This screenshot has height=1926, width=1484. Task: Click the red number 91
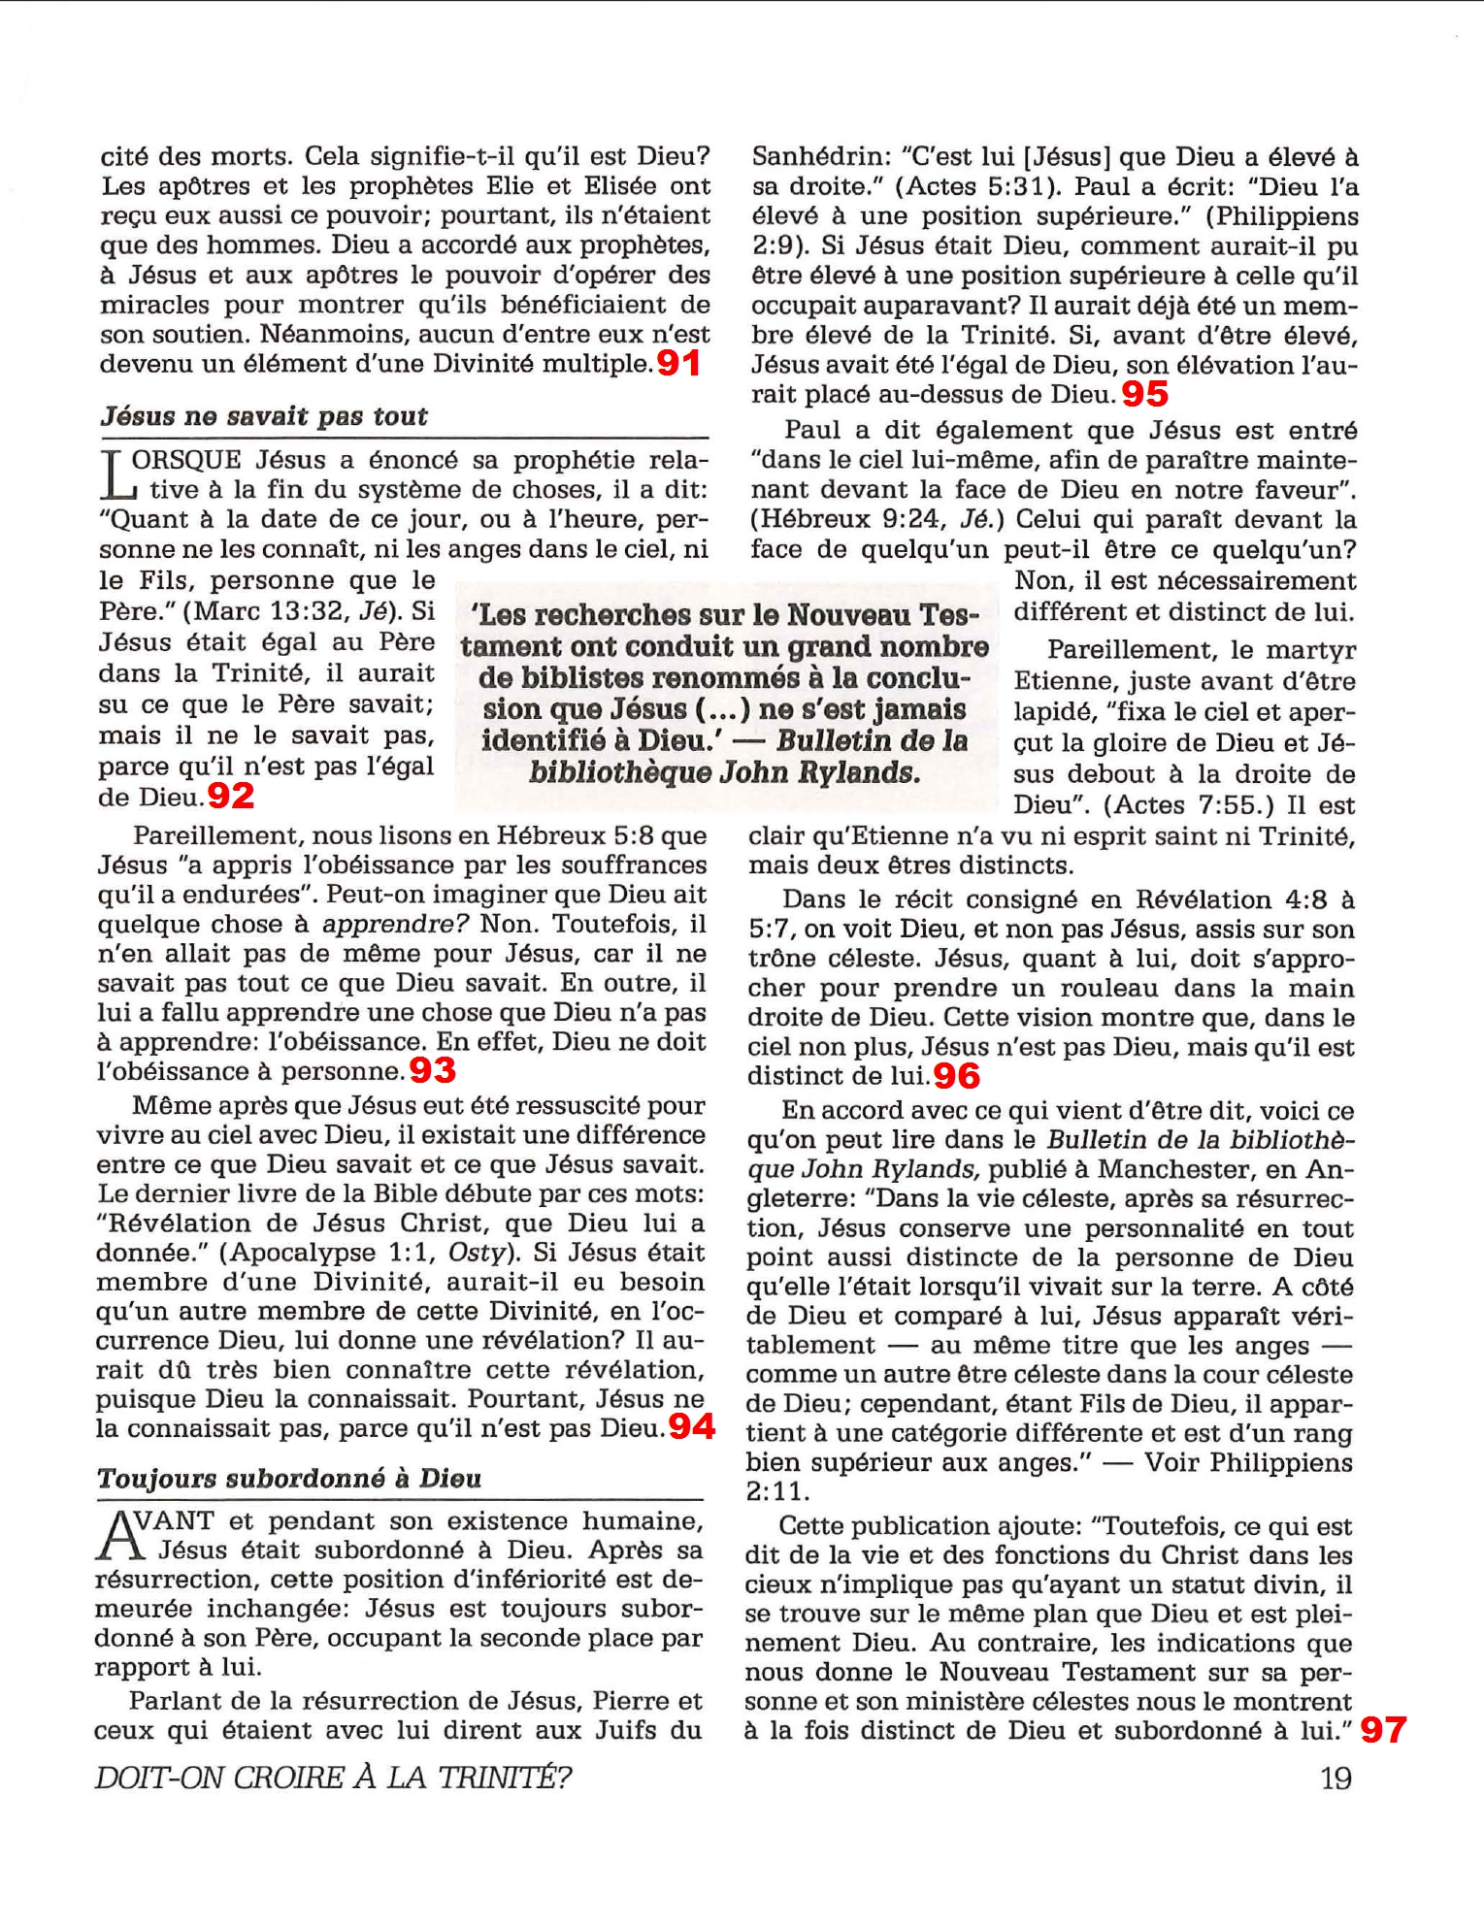(678, 363)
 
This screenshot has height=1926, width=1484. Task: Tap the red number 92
(231, 796)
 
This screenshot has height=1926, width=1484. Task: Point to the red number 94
(692, 1425)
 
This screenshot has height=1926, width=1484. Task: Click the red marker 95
(1145, 393)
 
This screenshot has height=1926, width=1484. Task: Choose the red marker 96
(957, 1075)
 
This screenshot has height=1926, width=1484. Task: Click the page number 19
(1336, 1778)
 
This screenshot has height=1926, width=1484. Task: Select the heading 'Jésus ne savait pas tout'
(264, 416)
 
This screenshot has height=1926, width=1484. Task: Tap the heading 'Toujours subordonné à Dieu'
(289, 1478)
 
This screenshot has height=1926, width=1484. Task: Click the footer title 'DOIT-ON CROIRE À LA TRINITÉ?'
(333, 1778)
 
